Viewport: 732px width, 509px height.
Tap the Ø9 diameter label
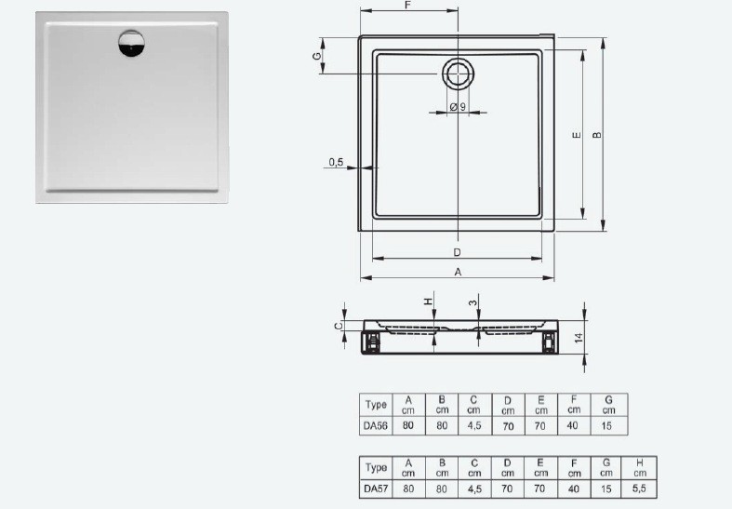(x=458, y=107)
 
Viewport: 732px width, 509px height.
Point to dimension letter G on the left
(x=316, y=57)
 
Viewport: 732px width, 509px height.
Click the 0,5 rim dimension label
(x=336, y=162)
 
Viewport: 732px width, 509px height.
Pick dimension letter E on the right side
(x=576, y=136)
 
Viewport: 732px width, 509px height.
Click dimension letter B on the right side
(x=597, y=135)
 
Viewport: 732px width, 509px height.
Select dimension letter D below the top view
(x=457, y=252)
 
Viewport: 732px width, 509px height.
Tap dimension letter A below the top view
(x=457, y=272)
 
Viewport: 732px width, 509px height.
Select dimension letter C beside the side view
(x=338, y=325)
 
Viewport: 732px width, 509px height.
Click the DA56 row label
(x=376, y=425)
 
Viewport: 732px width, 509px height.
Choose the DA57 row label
(x=376, y=487)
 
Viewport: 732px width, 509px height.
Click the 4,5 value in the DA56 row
(x=473, y=425)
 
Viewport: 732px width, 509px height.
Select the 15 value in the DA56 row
(x=608, y=425)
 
